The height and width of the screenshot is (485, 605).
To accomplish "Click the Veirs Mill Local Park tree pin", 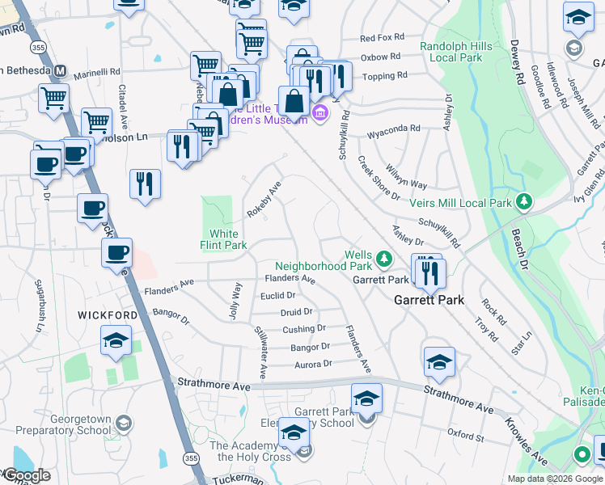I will pyautogui.click(x=525, y=200).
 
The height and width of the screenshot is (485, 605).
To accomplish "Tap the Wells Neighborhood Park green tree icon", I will pyautogui.click(x=386, y=259).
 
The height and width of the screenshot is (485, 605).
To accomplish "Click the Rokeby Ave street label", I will pyautogui.click(x=264, y=199).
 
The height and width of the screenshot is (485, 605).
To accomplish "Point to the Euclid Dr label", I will pyautogui.click(x=277, y=296).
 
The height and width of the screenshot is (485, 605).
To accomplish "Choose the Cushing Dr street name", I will pyautogui.click(x=303, y=329).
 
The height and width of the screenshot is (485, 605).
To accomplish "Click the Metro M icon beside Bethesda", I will pyautogui.click(x=60, y=70).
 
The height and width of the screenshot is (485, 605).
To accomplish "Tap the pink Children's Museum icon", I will pyautogui.click(x=319, y=112).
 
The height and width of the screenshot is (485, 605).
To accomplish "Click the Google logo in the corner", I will pyautogui.click(x=26, y=475).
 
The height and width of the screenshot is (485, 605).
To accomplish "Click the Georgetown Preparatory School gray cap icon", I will pyautogui.click(x=123, y=423).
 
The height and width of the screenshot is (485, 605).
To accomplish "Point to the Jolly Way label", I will pyautogui.click(x=235, y=300).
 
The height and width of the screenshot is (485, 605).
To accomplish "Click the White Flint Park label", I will pyautogui.click(x=224, y=240).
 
